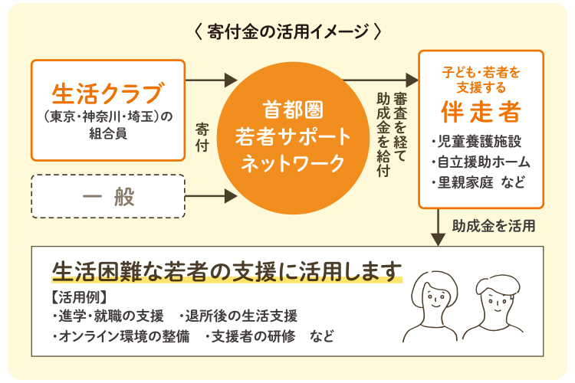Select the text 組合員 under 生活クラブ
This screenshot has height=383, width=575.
[x=108, y=133]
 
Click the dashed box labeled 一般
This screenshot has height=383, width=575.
[x=108, y=197]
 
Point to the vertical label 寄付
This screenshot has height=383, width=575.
[x=202, y=136]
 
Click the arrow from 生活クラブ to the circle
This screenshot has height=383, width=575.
[x=212, y=79]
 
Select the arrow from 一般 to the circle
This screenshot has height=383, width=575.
[x=212, y=197]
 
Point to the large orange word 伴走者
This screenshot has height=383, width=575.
[x=481, y=112]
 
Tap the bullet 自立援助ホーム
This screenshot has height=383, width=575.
[x=481, y=162]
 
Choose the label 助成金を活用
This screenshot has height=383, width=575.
[x=493, y=226]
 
